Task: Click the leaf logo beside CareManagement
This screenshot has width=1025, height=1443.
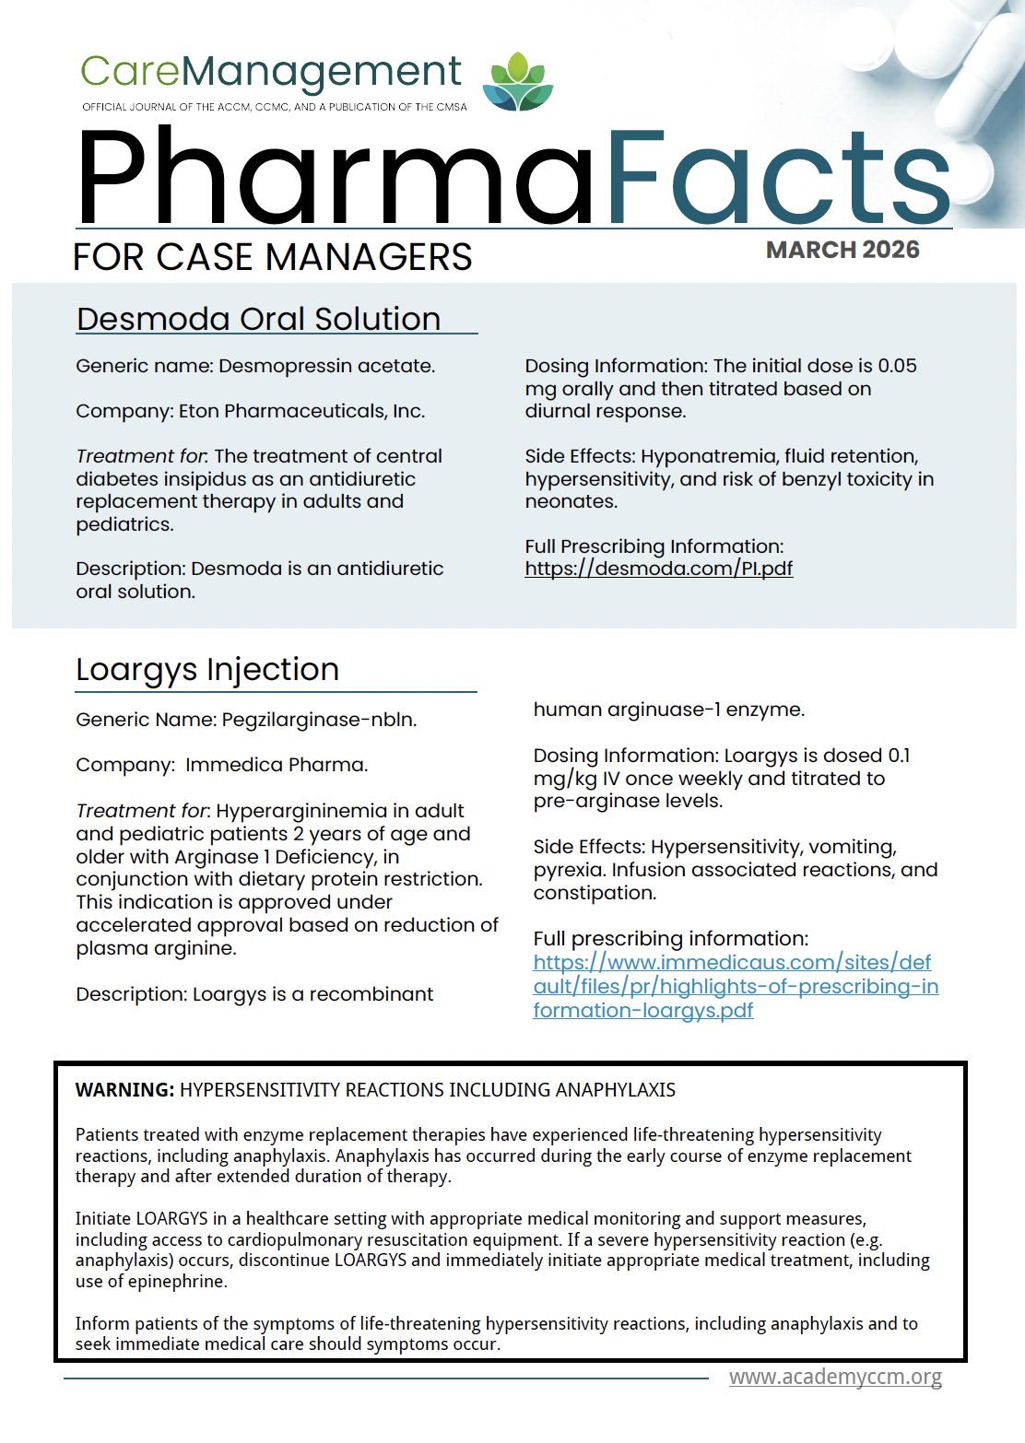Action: (518, 82)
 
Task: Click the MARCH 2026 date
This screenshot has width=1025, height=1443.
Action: (842, 250)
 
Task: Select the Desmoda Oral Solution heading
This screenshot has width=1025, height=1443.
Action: (259, 319)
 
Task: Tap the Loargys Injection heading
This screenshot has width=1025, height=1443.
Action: (207, 669)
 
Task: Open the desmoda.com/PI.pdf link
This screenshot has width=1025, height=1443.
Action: (658, 569)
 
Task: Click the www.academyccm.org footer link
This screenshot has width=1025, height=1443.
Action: (835, 1377)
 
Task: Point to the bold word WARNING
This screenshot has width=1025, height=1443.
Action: (124, 1090)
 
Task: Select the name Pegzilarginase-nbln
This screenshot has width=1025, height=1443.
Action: (319, 720)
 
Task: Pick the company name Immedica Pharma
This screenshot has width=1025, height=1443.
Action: (276, 765)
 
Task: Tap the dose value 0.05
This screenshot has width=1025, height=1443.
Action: (897, 366)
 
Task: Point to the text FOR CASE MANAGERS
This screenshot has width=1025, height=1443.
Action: (273, 257)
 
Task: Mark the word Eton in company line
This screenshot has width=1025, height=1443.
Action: (198, 411)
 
